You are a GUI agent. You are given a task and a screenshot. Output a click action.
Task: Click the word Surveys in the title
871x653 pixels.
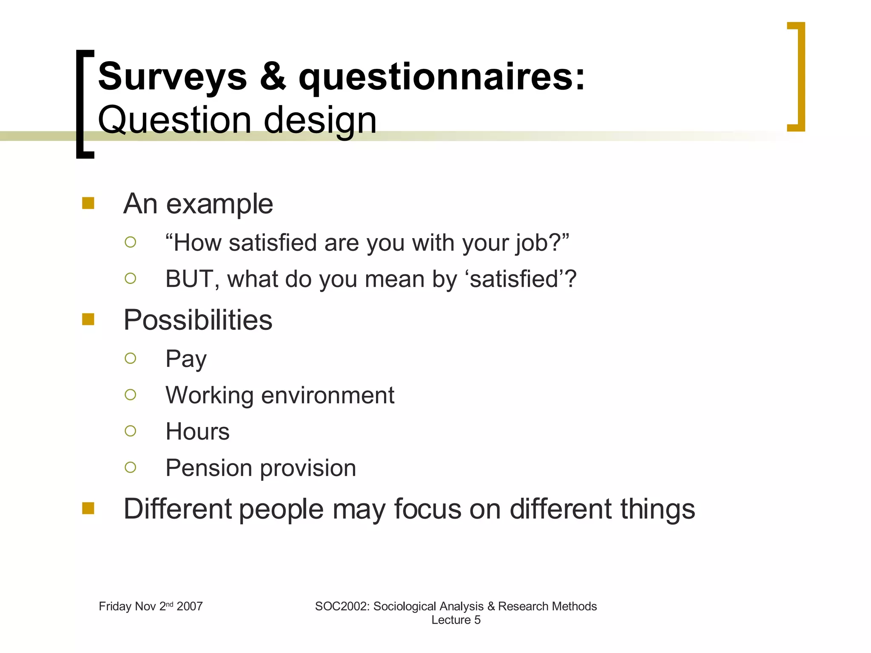point(172,77)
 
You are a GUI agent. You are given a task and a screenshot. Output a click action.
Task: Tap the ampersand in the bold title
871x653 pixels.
point(273,77)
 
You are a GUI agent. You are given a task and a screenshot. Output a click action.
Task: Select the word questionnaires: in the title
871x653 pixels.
point(441,77)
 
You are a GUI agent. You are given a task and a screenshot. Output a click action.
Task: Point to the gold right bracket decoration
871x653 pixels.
point(800,77)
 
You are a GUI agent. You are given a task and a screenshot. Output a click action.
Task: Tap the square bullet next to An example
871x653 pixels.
point(88,203)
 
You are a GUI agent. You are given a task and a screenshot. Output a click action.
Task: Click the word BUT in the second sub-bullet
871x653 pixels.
point(190,279)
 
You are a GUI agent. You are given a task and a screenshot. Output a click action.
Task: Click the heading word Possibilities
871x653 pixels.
point(198,320)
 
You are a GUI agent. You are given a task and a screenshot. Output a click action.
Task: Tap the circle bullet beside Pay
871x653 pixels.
point(131,358)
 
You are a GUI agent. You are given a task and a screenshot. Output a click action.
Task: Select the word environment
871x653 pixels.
point(327,395)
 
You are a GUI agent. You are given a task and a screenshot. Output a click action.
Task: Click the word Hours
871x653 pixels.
point(197,432)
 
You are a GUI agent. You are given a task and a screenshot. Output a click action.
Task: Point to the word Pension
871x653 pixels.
point(209,468)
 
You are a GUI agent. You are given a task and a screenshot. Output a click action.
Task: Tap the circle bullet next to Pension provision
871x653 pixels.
point(131,468)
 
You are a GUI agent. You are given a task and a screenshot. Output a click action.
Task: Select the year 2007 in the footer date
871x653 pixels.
point(190,606)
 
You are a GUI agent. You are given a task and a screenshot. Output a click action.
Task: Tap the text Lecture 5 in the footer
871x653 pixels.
point(456,620)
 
